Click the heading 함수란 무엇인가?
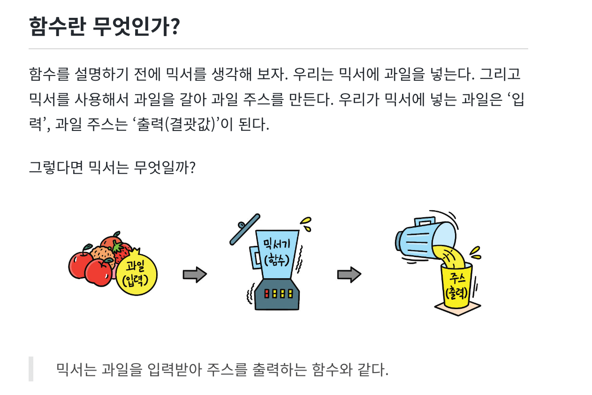[x=104, y=27]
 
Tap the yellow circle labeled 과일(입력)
[x=136, y=275]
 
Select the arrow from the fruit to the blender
[x=194, y=275]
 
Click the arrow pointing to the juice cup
[x=349, y=275]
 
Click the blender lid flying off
[x=245, y=229]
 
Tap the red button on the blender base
[x=267, y=294]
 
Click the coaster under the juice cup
[x=457, y=308]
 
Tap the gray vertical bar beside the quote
[x=31, y=369]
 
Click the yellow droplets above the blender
[x=306, y=224]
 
